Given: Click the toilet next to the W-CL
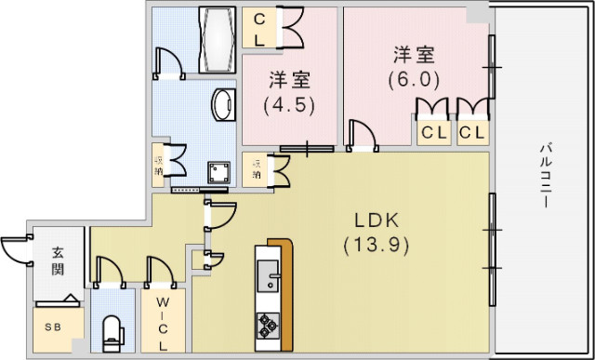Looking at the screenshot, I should pos(112,331).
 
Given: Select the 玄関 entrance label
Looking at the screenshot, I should pos(59,260).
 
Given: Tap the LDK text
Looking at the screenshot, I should pos(376,221).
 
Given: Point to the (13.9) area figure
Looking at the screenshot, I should pos(376,246).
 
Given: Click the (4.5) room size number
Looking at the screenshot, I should pos(289,104).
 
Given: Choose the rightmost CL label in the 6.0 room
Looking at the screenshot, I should pos(471,132).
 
